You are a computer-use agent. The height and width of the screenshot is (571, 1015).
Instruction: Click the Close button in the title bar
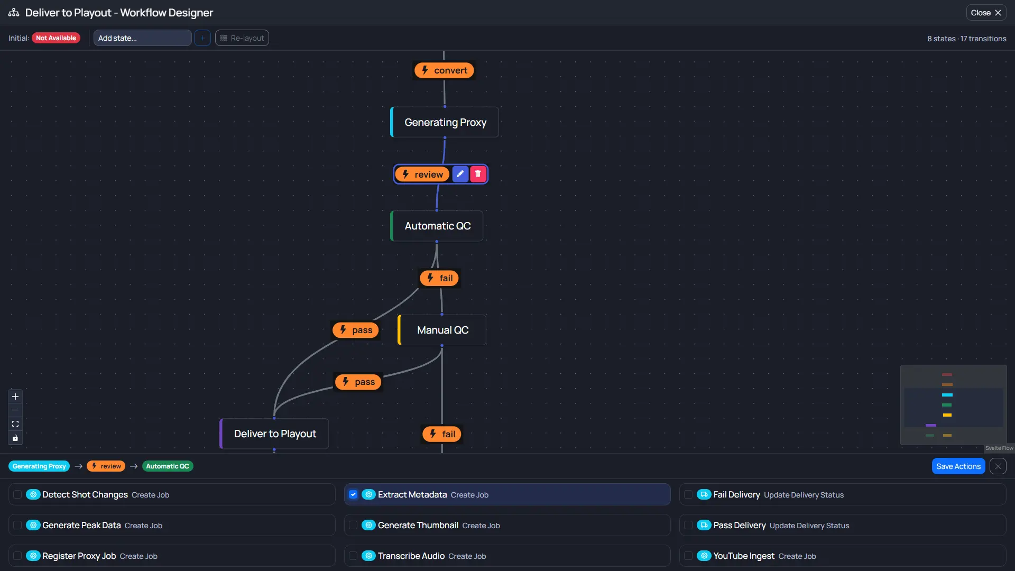pos(985,13)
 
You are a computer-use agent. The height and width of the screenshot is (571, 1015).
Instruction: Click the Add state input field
pos(142,38)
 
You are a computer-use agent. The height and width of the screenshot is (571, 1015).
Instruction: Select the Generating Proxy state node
pos(445,122)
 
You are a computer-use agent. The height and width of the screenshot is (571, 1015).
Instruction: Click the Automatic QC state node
pos(437,226)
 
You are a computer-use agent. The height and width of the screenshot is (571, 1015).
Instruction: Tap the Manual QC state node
pos(442,330)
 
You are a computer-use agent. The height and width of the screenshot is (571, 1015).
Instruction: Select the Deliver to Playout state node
pos(275,434)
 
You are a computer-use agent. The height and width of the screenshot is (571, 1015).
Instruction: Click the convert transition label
pos(444,70)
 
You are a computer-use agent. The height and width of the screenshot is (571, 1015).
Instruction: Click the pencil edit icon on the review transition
pos(460,174)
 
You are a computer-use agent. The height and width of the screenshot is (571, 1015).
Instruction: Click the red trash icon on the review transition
pos(478,174)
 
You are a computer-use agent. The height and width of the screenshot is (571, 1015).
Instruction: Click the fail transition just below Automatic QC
pos(440,278)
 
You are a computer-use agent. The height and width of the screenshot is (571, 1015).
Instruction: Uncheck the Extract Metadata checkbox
pos(353,494)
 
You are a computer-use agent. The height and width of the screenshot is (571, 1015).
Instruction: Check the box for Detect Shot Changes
pos(17,494)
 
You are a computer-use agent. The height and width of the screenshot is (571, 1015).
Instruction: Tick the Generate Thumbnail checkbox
pos(353,525)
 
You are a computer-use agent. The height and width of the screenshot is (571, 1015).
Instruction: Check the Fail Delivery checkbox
pos(688,494)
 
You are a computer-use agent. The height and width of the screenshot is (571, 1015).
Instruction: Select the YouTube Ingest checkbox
pos(688,556)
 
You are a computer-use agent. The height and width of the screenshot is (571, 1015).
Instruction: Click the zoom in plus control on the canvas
pos(15,397)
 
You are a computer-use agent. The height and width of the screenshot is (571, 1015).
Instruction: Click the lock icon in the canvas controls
pos(15,438)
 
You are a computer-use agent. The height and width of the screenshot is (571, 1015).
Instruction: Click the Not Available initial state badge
pos(56,38)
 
